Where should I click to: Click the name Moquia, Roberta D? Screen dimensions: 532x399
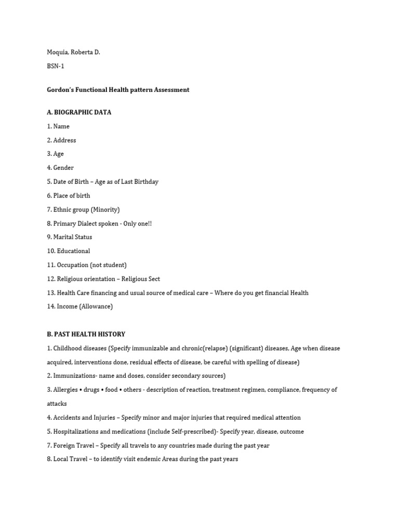(x=73, y=52)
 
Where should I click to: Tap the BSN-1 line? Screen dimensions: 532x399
(x=56, y=66)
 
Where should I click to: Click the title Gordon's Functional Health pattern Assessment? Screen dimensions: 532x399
(x=118, y=90)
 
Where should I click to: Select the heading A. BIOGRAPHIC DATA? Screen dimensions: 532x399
(x=79, y=112)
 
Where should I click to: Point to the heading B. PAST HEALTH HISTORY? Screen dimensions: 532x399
(x=86, y=335)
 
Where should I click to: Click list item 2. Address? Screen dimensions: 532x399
(x=61, y=140)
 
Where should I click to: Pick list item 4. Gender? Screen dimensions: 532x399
(x=60, y=168)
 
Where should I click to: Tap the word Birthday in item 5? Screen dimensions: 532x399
(x=145, y=182)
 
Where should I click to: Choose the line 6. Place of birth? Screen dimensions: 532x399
(x=68, y=196)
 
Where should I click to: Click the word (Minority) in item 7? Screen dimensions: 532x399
(x=104, y=209)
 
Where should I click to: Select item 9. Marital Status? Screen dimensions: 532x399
(x=69, y=237)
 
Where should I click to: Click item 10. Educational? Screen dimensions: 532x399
(x=68, y=251)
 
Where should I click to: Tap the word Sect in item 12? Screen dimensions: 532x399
(x=153, y=279)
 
